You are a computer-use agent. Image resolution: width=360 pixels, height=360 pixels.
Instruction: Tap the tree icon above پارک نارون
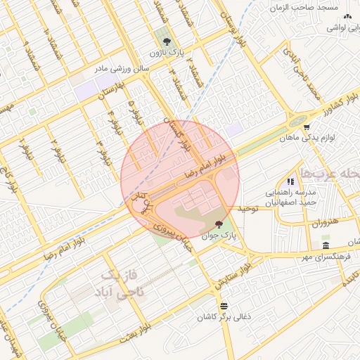pos(163,40)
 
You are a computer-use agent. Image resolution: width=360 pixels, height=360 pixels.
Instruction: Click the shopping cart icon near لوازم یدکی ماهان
pos(307,127)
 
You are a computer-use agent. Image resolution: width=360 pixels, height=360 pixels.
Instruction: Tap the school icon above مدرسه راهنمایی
pos(290,181)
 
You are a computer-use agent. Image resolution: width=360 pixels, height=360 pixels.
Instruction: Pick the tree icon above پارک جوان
pos(218,224)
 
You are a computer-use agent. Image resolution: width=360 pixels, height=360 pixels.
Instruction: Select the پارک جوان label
pos(218,237)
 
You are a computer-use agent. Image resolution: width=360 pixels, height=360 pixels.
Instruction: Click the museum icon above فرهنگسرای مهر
pos(326,245)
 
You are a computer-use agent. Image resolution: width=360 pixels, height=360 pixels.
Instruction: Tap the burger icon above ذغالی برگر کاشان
pos(224,305)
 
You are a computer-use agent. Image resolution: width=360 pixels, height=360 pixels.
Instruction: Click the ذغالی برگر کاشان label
pos(224,318)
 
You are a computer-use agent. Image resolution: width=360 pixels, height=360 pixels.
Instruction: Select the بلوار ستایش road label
pos(232,274)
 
